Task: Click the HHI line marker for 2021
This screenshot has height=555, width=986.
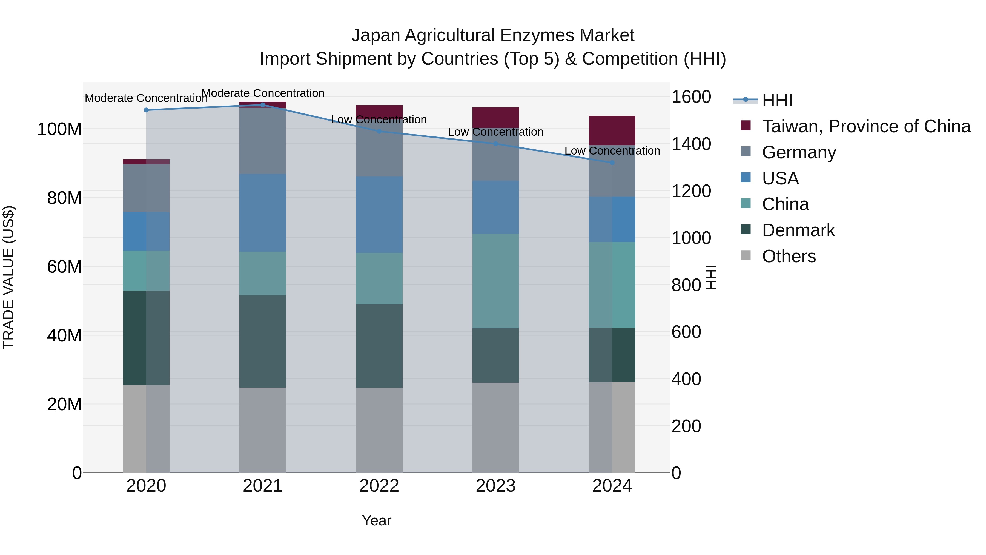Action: [263, 105]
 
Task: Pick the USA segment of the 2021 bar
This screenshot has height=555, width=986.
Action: [263, 213]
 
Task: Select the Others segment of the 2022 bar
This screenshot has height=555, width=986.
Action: [379, 430]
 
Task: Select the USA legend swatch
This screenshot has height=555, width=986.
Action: [745, 178]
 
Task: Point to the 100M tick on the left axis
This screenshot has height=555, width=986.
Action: [59, 129]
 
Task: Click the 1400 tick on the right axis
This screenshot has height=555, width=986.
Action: [691, 144]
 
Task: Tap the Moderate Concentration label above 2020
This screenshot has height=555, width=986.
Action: [146, 98]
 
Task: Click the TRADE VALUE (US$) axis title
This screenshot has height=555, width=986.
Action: [8, 277]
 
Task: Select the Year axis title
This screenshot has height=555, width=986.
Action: [377, 520]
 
